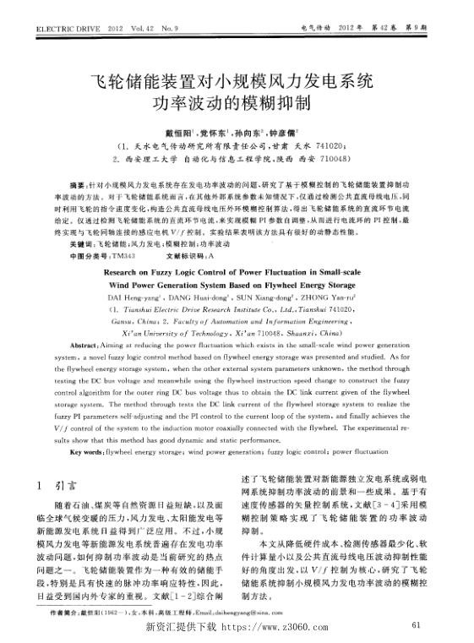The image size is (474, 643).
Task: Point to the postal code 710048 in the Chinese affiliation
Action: click(x=346, y=157)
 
